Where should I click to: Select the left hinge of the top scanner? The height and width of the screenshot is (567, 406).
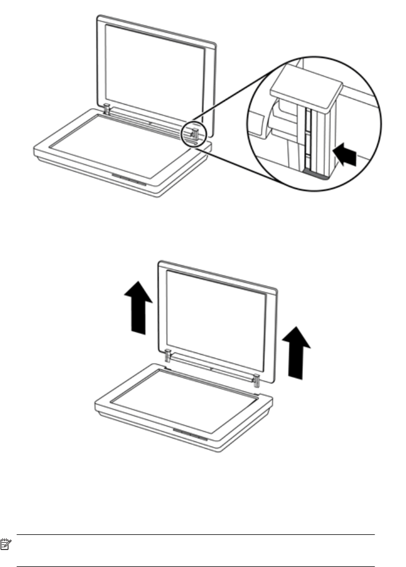(105, 108)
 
